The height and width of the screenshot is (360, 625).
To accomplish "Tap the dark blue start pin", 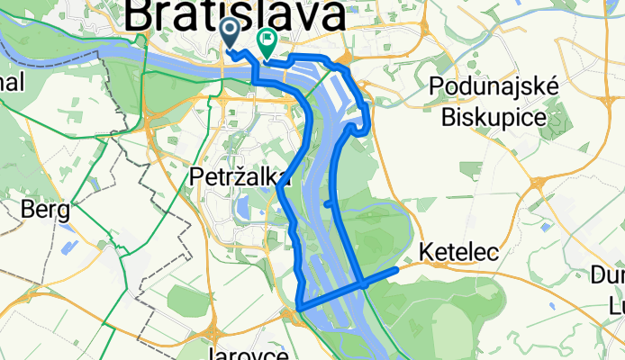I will pos(230,34).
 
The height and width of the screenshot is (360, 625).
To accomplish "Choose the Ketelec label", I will pos(459,252).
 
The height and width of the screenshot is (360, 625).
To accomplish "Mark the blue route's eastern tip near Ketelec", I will pos(396,269).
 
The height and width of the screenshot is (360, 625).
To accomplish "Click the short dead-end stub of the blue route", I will pos(327,204).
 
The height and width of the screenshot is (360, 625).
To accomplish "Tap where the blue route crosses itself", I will pos(363,282).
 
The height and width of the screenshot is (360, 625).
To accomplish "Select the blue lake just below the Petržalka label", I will pos(242,209).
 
